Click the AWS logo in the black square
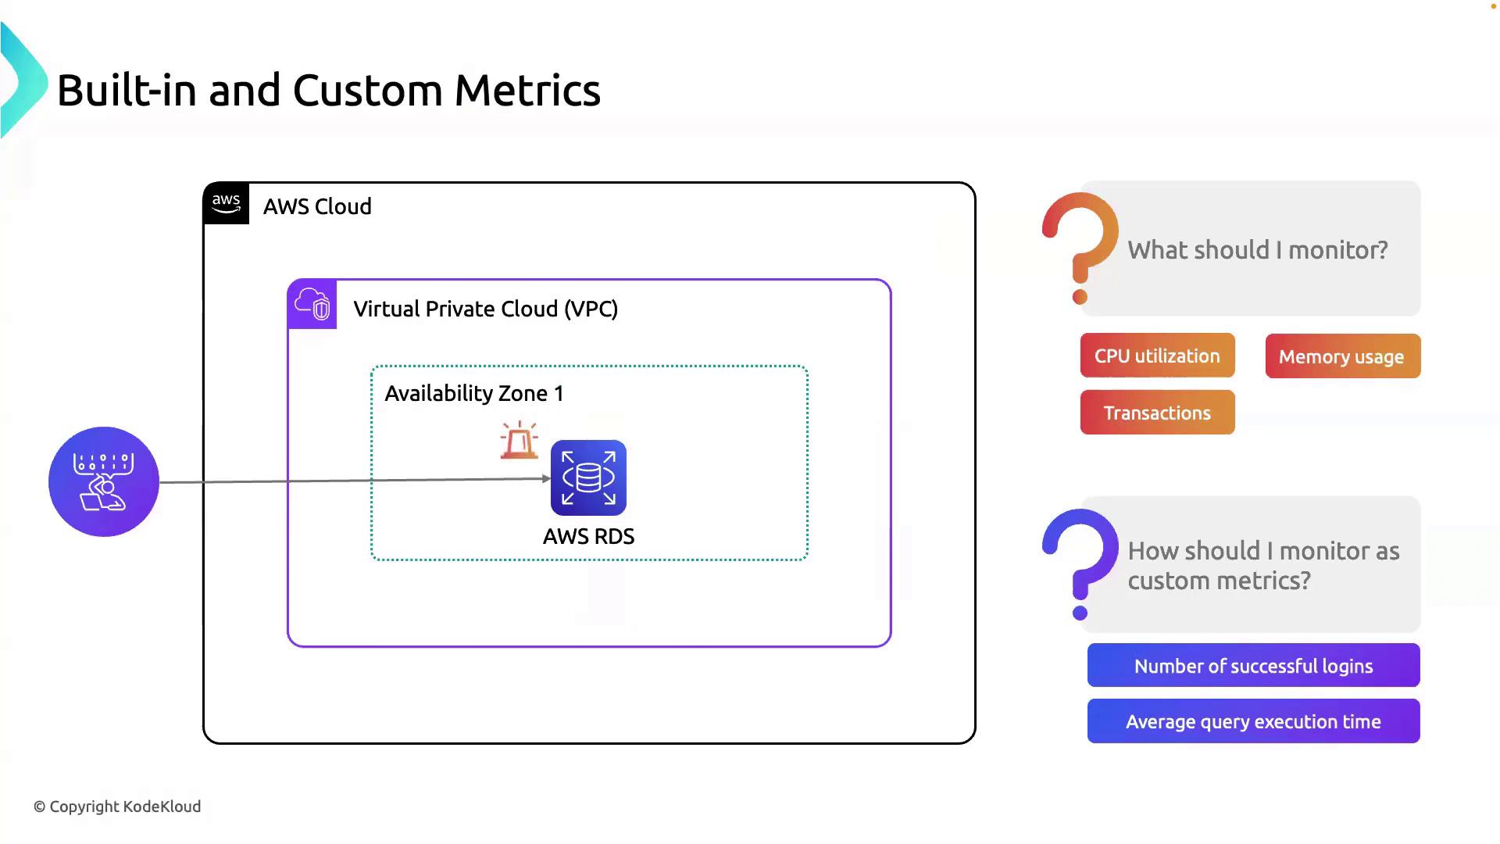[x=226, y=203]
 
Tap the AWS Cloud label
[x=317, y=206]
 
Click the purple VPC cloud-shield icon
[x=312, y=304]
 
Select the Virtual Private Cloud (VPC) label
[x=485, y=309]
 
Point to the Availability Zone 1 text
[x=473, y=393]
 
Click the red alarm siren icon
[x=520, y=441]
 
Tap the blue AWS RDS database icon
[x=588, y=477]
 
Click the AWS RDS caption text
[x=588, y=536]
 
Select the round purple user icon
[x=104, y=481]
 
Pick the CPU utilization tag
[x=1157, y=356]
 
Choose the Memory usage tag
[x=1342, y=356]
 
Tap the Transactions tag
[x=1157, y=413]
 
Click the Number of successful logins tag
[x=1253, y=666]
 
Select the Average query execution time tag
[x=1253, y=721]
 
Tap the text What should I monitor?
[x=1257, y=250]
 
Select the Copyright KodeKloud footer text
[x=117, y=806]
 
